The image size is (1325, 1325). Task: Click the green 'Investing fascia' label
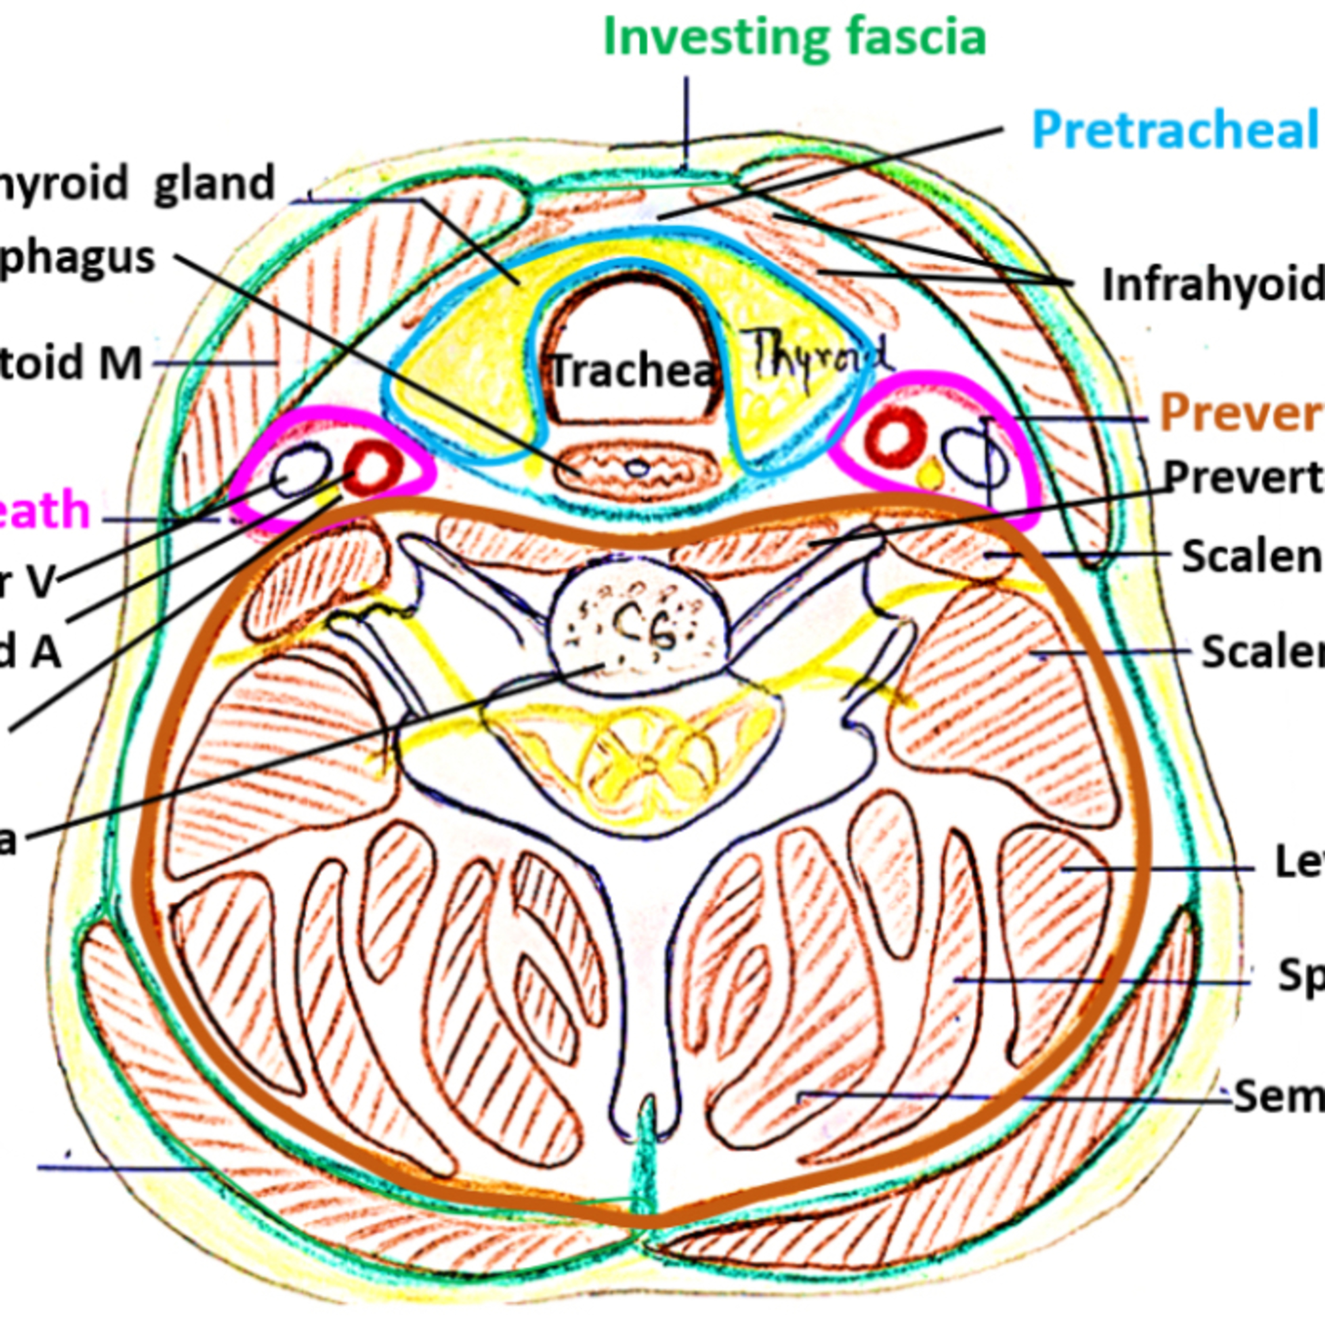[x=794, y=38]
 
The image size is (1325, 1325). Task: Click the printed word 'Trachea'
[x=632, y=371]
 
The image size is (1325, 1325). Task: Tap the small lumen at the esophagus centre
[x=639, y=469]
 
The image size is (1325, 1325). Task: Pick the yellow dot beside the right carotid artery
[x=930, y=473]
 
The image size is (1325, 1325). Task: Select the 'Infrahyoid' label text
[x=1211, y=284]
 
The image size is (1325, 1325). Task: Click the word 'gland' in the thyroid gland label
[x=214, y=184]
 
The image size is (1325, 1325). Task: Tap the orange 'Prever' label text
[x=1240, y=413]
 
